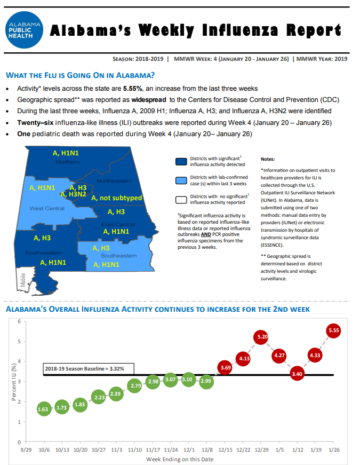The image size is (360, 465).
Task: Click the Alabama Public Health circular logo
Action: click(25, 30)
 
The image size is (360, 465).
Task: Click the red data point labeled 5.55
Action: click(334, 330)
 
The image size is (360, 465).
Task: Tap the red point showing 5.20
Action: click(261, 337)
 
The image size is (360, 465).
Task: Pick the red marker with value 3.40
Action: click(297, 374)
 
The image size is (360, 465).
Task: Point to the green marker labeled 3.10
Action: click(188, 380)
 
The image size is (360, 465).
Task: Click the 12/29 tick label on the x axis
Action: click(262, 450)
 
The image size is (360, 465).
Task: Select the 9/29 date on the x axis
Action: click(26, 450)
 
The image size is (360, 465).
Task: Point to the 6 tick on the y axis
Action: click(19, 321)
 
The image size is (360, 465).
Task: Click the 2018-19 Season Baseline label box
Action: click(89, 369)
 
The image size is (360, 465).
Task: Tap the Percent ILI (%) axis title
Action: click(14, 382)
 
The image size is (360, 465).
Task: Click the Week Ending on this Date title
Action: click(180, 459)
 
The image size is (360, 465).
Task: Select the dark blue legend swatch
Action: click(181, 162)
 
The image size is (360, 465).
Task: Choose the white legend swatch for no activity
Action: click(181, 200)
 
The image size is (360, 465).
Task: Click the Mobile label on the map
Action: click(23, 280)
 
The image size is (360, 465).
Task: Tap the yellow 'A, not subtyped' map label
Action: click(117, 198)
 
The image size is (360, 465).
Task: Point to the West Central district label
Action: click(47, 209)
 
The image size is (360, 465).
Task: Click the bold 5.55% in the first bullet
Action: click(133, 89)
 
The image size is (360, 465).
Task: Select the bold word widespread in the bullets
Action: click(149, 100)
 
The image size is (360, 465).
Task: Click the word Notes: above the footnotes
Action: click(268, 159)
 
